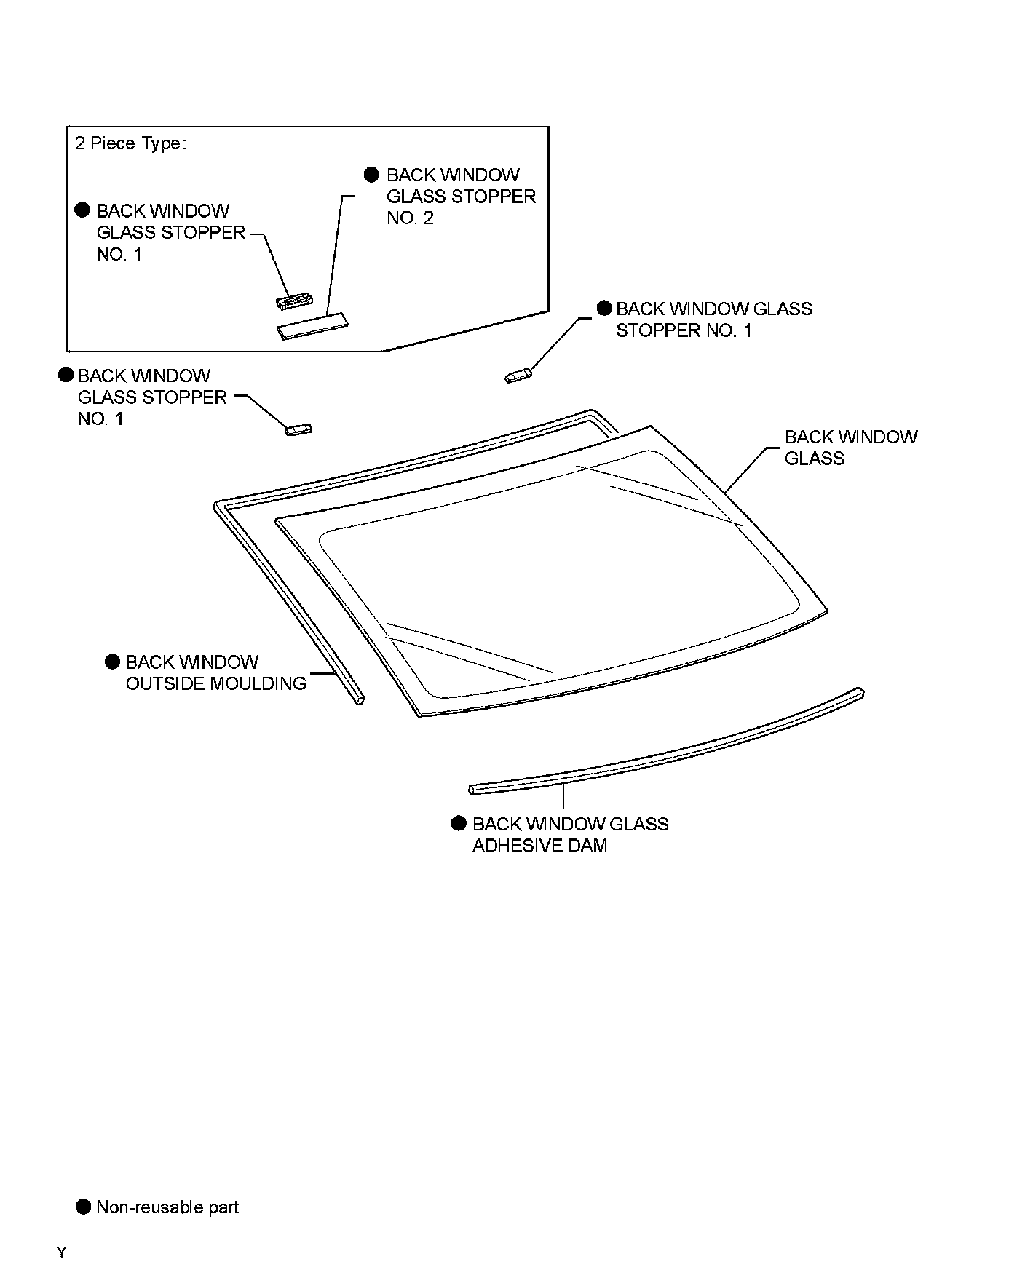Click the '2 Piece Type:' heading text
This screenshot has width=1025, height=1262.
(130, 143)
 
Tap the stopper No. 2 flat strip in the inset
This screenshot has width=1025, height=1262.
(312, 326)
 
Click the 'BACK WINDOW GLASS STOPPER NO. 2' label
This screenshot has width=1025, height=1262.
(461, 197)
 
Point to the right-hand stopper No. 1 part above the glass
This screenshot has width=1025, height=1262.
(518, 376)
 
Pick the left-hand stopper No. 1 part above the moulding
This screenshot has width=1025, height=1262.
(298, 429)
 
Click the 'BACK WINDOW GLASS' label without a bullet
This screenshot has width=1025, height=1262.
(850, 447)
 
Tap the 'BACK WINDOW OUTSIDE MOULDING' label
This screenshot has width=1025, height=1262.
(215, 672)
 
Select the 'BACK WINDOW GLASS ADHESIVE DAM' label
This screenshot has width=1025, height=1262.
(570, 834)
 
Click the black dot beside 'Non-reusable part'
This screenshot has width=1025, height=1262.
(84, 1207)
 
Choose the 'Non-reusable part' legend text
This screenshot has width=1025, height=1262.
(167, 1207)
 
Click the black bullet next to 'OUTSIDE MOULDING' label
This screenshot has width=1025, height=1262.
(112, 662)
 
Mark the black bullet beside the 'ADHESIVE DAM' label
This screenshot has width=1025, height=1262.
(459, 823)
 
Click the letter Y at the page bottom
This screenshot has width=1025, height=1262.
(62, 1252)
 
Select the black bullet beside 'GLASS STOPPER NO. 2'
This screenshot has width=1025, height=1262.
(372, 175)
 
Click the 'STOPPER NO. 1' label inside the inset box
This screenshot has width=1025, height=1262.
(170, 232)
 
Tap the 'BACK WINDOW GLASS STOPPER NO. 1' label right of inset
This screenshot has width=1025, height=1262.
(713, 320)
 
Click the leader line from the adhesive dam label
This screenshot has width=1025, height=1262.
(564, 798)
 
